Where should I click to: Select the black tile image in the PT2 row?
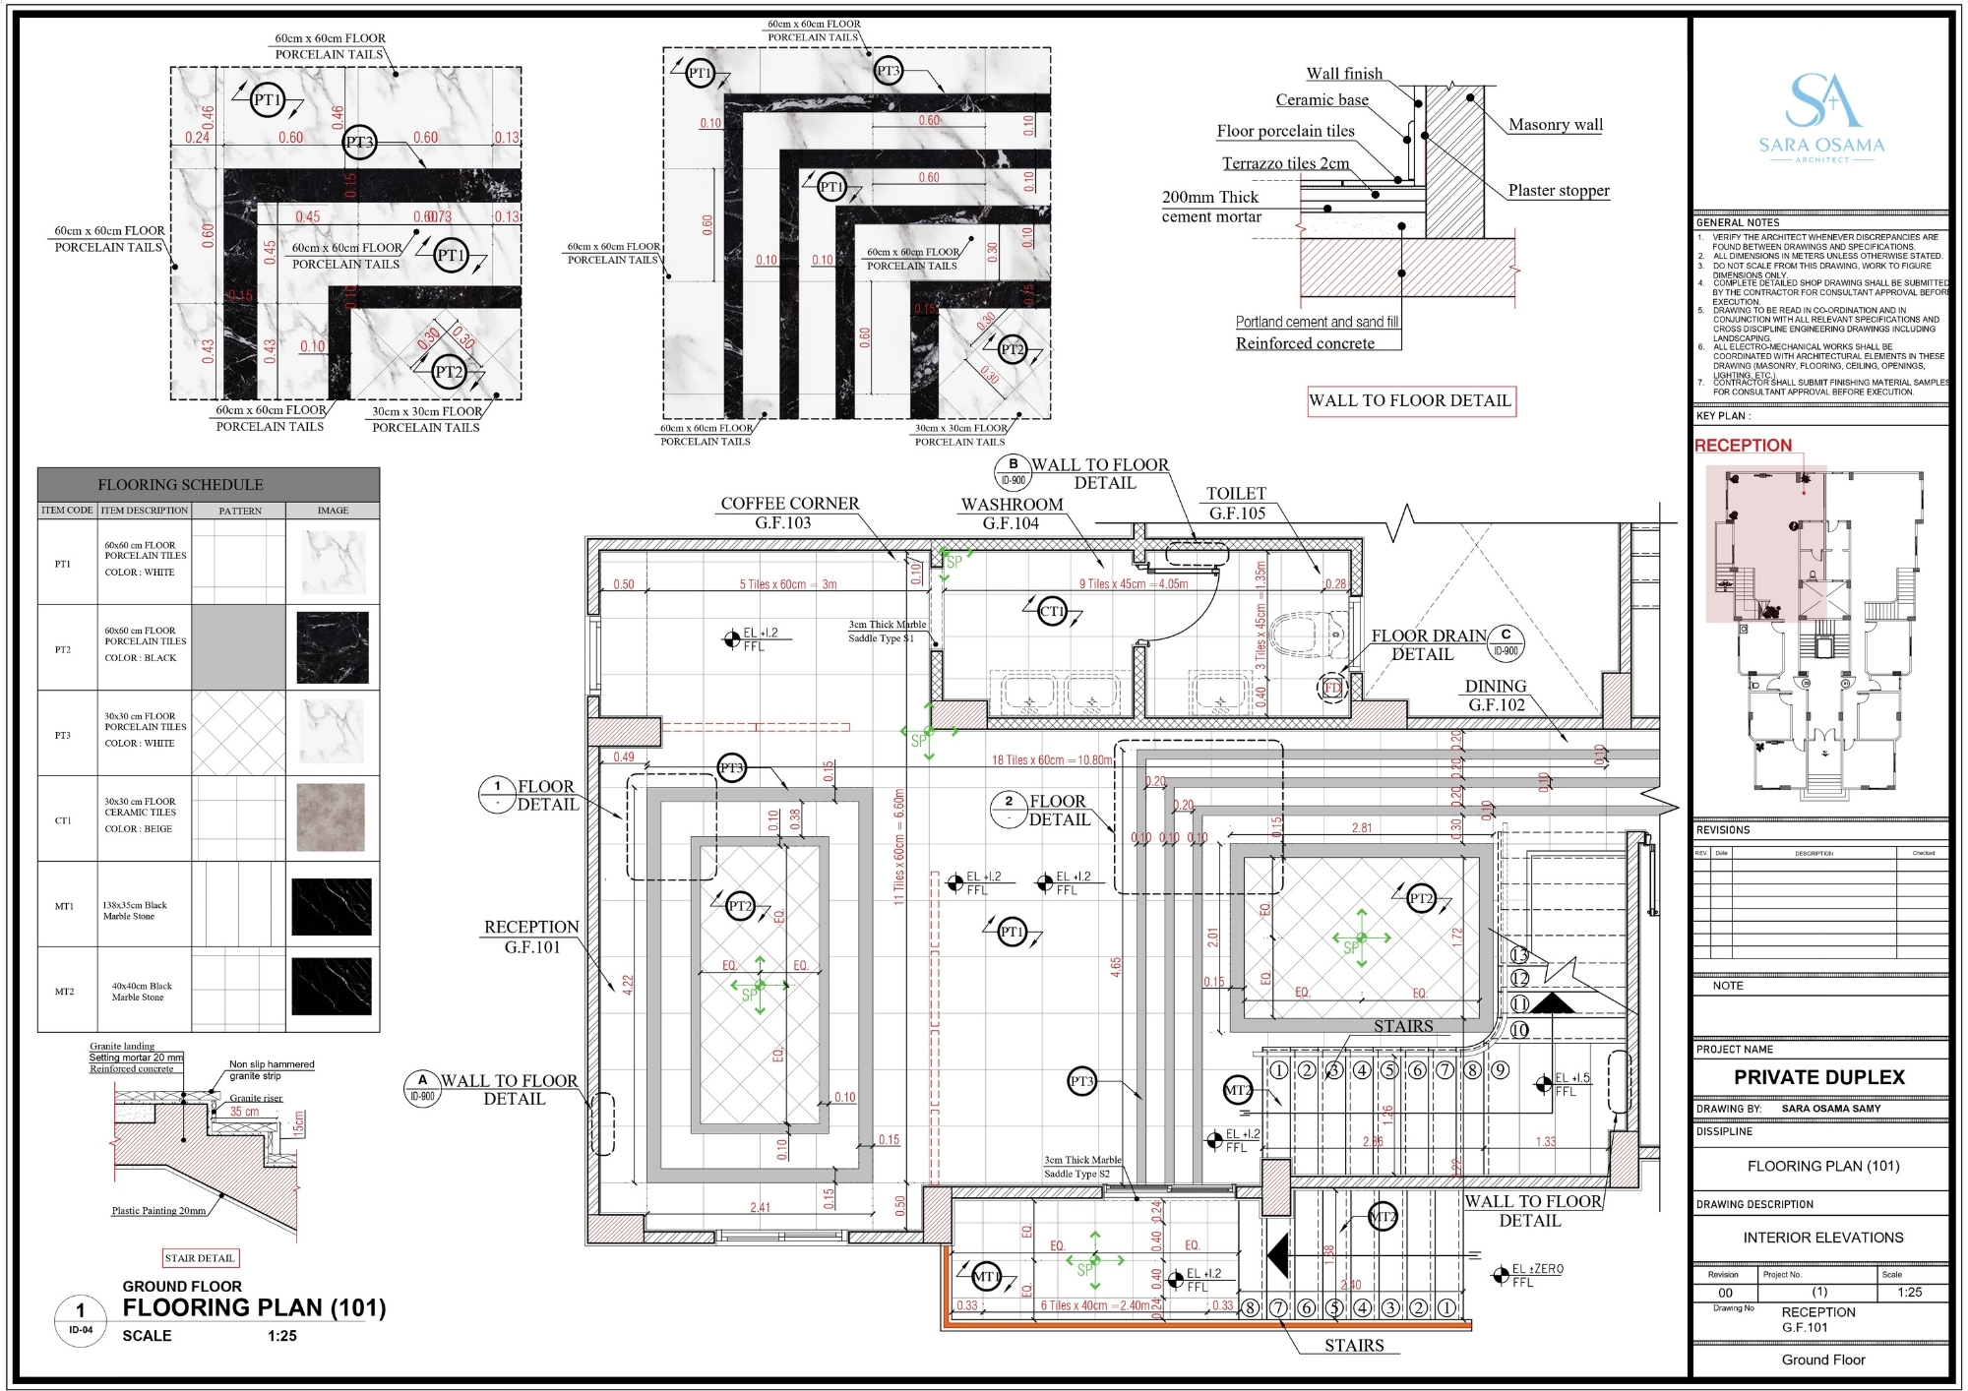333,647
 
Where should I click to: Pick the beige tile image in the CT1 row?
331,817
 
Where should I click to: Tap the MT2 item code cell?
65,992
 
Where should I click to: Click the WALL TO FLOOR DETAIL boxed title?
1410,400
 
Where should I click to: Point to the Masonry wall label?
1555,125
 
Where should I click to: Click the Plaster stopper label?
1558,191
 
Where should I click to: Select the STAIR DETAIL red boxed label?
201,1258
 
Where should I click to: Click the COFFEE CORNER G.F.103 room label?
789,513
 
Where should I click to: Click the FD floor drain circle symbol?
1332,688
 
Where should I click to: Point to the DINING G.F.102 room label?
1496,695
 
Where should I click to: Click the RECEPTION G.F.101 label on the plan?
531,937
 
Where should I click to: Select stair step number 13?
1519,954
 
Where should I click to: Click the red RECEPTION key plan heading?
1743,446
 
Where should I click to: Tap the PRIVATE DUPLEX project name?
1818,1077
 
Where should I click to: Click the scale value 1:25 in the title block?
1908,1292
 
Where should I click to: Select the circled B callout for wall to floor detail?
1013,471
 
